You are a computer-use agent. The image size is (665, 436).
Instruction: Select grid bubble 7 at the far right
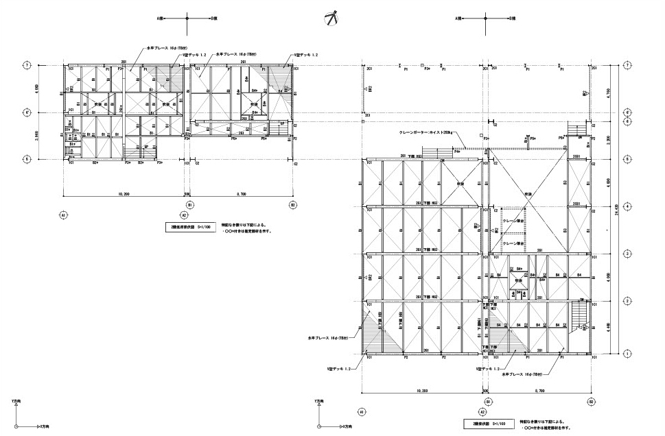628,66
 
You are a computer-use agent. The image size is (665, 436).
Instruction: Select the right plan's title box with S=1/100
489,424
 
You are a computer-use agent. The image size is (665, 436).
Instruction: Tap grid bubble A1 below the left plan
62,215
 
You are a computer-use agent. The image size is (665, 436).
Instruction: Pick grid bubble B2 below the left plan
292,204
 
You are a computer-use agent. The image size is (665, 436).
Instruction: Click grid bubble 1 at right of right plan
628,354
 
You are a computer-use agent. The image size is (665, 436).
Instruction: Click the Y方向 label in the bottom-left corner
15,401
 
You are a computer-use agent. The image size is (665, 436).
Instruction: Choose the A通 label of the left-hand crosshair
159,19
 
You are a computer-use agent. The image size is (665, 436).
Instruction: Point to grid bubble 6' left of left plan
26,112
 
